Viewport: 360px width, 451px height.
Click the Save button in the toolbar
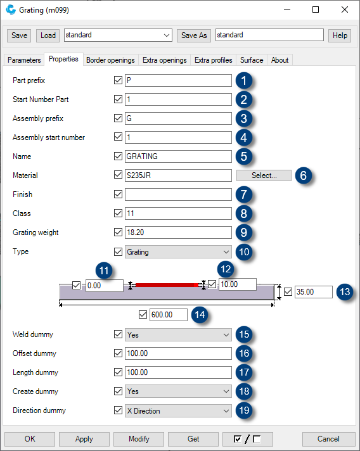coord(20,35)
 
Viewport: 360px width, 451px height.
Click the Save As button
coord(194,35)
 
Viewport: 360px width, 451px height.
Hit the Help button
coord(340,35)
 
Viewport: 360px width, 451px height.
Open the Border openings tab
coord(110,60)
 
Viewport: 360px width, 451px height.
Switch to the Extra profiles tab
coord(214,60)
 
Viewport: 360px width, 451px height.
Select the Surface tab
coord(252,60)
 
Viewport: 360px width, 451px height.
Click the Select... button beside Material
coord(264,175)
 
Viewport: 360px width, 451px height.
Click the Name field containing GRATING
coord(178,156)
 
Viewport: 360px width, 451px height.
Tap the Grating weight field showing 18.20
coord(178,232)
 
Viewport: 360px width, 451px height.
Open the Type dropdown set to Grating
coord(178,251)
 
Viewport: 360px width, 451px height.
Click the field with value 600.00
coord(168,315)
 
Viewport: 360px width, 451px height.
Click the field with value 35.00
coord(313,292)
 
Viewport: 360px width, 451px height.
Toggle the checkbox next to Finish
coord(118,194)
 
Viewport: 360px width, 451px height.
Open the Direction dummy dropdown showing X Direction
coord(178,410)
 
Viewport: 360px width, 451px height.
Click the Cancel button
coord(328,438)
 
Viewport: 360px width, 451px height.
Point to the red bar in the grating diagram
coord(167,286)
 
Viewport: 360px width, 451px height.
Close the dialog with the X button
coord(344,10)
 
